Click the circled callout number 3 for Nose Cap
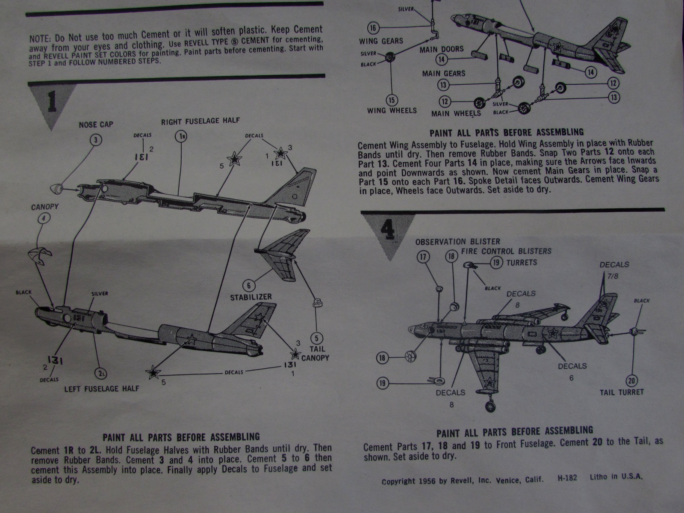pyautogui.click(x=96, y=139)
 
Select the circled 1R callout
pyautogui.click(x=181, y=136)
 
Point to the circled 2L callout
pyautogui.click(x=101, y=374)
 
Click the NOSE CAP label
pyautogui.click(x=96, y=125)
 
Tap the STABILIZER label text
pyautogui.click(x=251, y=297)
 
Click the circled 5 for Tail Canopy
pyautogui.click(x=316, y=338)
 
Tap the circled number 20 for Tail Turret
pyautogui.click(x=631, y=380)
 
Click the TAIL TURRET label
pyautogui.click(x=622, y=392)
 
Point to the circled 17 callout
pyautogui.click(x=423, y=257)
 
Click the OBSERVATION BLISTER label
pyautogui.click(x=457, y=242)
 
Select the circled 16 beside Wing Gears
pyautogui.click(x=373, y=28)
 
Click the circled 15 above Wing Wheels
pyautogui.click(x=392, y=100)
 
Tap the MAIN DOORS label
pyautogui.click(x=442, y=50)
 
